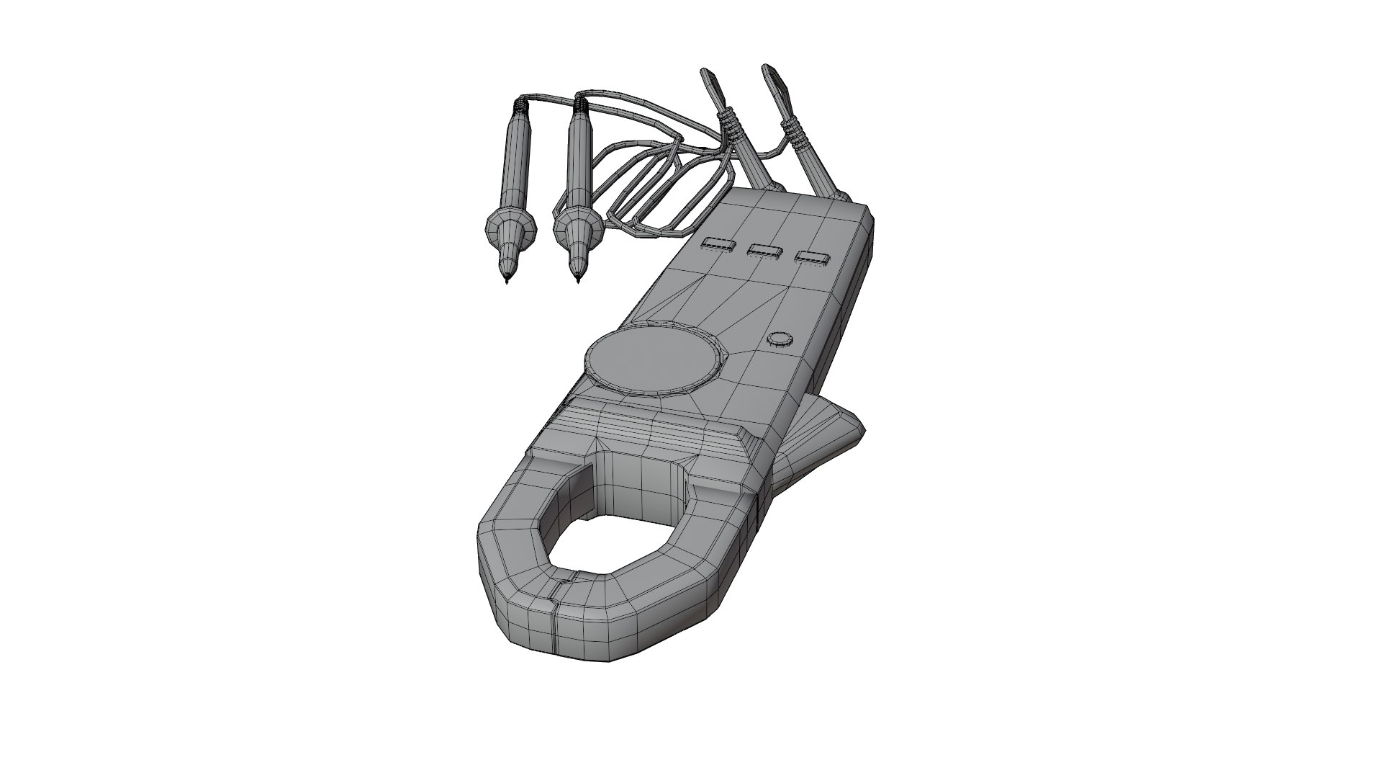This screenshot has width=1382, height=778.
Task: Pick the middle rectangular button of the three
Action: pos(764,251)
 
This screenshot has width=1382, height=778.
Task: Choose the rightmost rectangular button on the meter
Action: pos(811,257)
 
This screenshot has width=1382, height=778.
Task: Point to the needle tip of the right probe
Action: pos(579,280)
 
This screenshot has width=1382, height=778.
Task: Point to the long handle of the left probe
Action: pos(516,162)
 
